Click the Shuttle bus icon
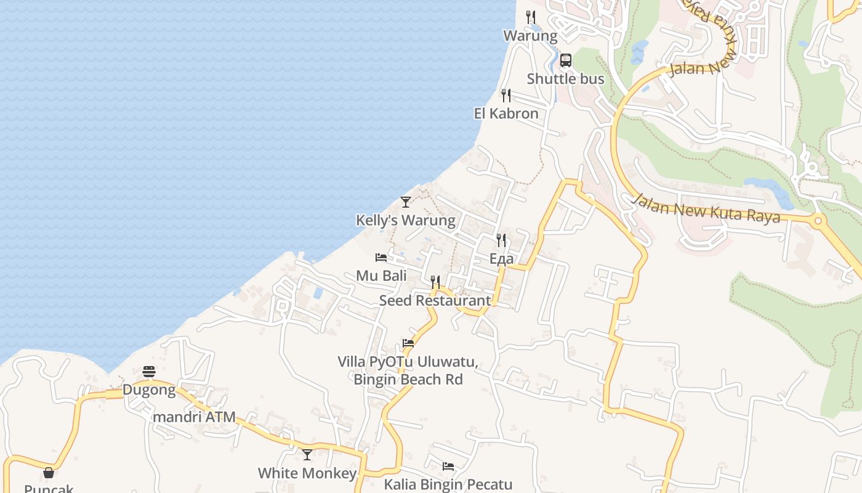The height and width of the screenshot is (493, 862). tap(566, 60)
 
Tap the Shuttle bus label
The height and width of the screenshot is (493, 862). tap(565, 79)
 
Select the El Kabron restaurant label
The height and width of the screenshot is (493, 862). tap(506, 113)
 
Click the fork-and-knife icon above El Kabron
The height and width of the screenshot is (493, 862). tap(506, 96)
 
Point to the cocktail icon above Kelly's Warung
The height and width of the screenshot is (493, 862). tap(405, 202)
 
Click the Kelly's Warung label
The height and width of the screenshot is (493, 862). tap(405, 220)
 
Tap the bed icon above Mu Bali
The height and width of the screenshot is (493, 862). tap(381, 258)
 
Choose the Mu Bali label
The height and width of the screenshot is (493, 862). tap(381, 275)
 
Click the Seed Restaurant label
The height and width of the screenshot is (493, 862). tap(435, 301)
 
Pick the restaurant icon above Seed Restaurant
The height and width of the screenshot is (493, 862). tap(435, 282)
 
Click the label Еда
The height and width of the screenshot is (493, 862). tap(501, 259)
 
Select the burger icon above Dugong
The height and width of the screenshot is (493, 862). tap(149, 372)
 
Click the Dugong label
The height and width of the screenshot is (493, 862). tap(149, 390)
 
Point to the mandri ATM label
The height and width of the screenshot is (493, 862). tap(194, 417)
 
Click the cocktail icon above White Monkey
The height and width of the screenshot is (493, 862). tap(307, 455)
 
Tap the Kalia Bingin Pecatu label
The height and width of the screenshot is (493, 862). tap(448, 484)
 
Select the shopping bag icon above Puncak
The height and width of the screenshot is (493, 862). tap(49, 473)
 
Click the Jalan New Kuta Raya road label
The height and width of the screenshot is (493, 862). tap(706, 208)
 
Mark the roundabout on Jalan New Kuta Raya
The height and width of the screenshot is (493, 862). tap(818, 221)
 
